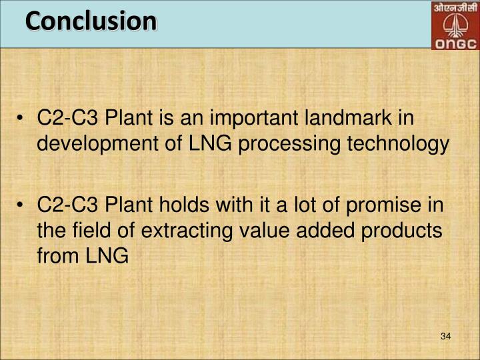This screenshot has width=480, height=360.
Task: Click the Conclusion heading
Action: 91,21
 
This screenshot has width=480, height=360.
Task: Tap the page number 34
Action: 446,336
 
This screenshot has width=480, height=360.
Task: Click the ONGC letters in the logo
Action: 454,44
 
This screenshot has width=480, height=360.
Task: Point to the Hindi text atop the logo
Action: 454,9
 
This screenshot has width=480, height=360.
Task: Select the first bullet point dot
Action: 23,119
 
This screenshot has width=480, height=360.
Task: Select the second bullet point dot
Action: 23,204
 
